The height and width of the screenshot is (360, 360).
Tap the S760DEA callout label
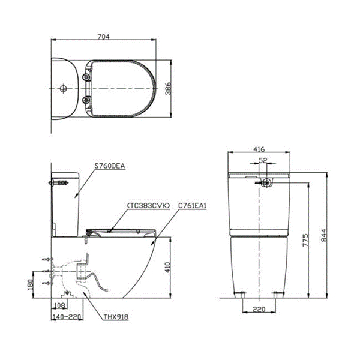[110, 168]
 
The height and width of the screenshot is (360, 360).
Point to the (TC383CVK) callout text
[148, 205]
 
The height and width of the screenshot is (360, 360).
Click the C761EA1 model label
[193, 205]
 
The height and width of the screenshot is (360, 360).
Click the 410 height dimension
[171, 266]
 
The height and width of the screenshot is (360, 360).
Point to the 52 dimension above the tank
[262, 161]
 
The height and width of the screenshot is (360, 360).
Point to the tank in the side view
[65, 204]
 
